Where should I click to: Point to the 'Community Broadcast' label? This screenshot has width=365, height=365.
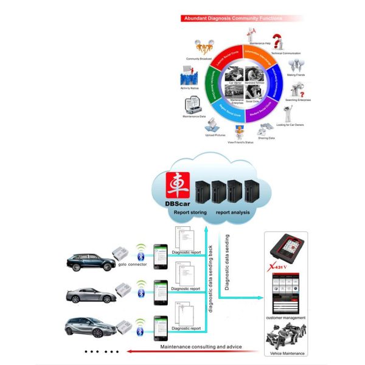click(x=197, y=59)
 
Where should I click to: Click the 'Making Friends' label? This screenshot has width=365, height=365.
click(x=296, y=75)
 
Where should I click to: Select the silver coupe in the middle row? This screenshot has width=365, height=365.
click(x=91, y=294)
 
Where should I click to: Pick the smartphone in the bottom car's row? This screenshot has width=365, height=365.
click(x=160, y=324)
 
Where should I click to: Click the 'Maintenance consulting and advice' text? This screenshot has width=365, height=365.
click(x=201, y=347)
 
